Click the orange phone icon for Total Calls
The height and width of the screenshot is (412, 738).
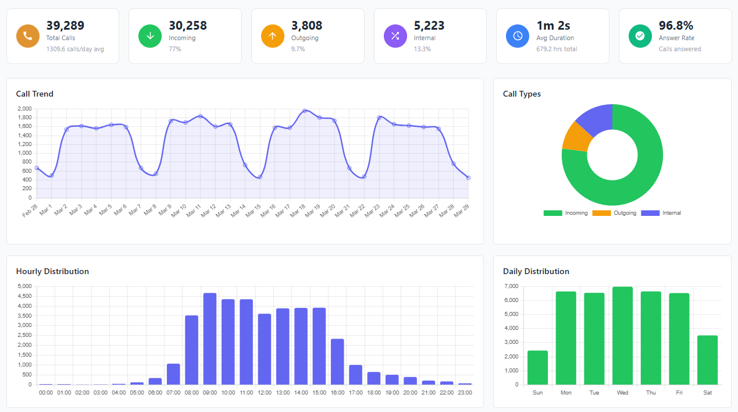[27, 36]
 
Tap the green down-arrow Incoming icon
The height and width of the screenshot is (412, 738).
[150, 36]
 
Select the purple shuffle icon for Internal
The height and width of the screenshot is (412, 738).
[395, 36]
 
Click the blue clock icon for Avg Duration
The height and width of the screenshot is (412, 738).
[518, 36]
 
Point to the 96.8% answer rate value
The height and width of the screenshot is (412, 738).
[676, 26]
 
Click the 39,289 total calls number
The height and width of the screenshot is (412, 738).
[65, 26]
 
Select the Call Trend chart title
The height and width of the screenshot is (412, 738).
[35, 94]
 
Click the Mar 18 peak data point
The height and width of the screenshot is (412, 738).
[305, 111]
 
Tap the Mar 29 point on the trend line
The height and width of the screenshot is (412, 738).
[468, 177]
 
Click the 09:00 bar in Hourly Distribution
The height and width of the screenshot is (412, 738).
[210, 339]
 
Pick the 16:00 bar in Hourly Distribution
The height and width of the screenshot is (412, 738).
[337, 361]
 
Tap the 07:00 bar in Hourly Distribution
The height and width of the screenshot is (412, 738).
[173, 374]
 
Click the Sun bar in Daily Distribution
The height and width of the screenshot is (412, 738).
[538, 368]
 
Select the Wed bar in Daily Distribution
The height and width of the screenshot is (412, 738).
[622, 336]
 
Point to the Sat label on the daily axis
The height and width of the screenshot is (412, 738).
[707, 393]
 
